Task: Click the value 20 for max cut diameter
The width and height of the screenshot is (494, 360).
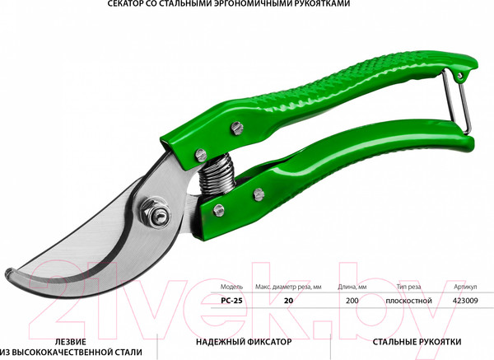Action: coord(288,302)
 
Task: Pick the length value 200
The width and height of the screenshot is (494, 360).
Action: coord(353,302)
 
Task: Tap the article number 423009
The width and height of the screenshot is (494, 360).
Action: coord(466,302)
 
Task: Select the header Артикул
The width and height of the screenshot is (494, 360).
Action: coord(465,287)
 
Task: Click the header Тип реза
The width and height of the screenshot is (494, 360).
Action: coord(408,287)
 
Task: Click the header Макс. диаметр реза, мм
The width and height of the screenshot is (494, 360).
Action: coord(287,287)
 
